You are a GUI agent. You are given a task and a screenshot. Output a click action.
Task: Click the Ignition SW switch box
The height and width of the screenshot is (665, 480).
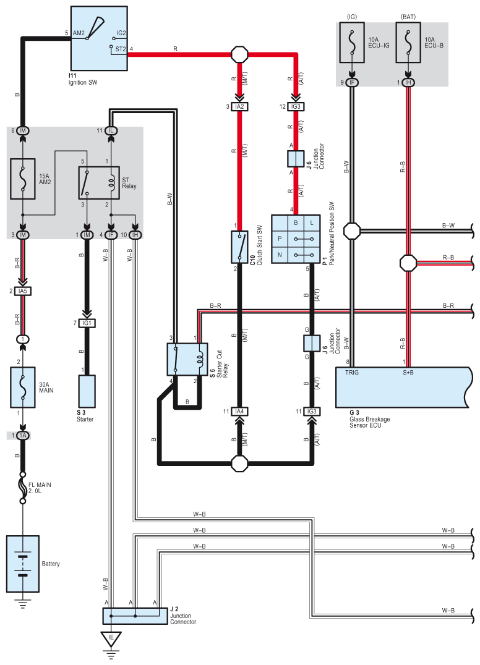tap(99, 38)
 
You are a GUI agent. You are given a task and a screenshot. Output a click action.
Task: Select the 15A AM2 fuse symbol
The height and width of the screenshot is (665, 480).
tap(22, 179)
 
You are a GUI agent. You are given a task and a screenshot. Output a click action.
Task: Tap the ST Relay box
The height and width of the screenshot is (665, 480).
tap(99, 183)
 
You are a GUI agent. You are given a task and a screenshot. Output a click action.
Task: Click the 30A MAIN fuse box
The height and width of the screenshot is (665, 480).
tap(22, 388)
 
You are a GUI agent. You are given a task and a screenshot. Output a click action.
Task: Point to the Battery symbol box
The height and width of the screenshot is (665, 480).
tap(22, 564)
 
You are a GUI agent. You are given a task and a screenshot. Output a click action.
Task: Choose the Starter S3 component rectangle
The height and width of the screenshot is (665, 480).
tap(87, 391)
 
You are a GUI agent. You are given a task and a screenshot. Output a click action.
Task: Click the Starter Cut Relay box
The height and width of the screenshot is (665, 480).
tap(187, 359)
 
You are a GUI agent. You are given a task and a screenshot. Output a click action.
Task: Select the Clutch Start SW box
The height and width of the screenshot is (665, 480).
tap(239, 247)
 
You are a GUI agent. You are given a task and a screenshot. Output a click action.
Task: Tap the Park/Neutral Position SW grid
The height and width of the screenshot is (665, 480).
tap(296, 239)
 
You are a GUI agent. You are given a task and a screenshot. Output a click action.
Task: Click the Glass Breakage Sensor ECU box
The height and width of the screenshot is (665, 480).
tap(403, 388)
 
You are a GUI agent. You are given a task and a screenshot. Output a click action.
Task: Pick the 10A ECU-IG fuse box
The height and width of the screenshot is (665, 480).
tap(351, 43)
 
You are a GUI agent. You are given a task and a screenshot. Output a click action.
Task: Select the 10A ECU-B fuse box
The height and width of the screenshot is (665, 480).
tap(408, 43)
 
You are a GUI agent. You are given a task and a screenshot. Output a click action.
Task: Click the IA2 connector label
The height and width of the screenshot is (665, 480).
tap(239, 106)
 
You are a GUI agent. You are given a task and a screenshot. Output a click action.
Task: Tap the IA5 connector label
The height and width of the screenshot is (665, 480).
tap(22, 291)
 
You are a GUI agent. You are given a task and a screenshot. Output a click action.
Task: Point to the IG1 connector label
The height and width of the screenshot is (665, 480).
tap(87, 323)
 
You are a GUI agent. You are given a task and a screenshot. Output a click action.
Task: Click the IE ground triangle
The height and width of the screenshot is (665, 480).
tap(111, 638)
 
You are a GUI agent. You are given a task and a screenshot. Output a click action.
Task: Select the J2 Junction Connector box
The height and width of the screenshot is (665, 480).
tap(135, 616)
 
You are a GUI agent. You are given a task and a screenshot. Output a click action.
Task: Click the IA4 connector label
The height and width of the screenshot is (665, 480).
tap(239, 412)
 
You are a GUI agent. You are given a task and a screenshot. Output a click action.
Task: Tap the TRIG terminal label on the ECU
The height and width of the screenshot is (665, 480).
tap(352, 373)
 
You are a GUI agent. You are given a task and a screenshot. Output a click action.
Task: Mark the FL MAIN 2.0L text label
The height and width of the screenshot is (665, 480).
tap(40, 488)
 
